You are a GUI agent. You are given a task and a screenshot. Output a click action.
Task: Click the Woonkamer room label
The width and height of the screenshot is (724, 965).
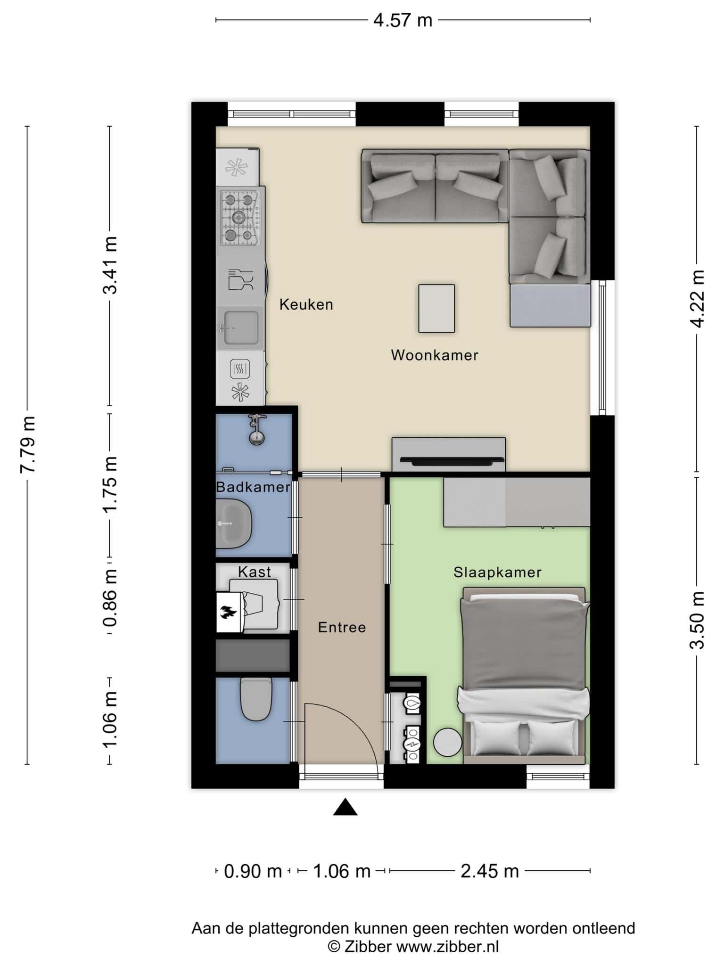(x=435, y=355)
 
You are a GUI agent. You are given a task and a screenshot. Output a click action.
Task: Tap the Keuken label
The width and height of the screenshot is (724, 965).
(x=306, y=304)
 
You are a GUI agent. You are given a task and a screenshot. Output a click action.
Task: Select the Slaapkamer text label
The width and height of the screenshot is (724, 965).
(x=497, y=572)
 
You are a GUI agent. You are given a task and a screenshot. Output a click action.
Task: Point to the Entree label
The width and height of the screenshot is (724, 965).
(x=342, y=627)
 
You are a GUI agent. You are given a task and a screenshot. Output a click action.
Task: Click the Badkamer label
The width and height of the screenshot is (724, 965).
(x=253, y=487)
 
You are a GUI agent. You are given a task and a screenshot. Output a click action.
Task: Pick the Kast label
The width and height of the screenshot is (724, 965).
(x=255, y=572)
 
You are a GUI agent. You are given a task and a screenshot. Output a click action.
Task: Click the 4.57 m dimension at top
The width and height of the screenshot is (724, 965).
(x=403, y=21)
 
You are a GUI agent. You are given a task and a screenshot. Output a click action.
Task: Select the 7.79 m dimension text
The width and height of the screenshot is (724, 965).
(x=28, y=444)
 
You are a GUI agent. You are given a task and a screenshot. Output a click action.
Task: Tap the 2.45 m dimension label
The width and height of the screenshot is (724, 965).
(x=490, y=872)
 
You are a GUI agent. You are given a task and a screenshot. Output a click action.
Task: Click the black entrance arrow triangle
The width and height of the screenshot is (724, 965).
(x=346, y=807)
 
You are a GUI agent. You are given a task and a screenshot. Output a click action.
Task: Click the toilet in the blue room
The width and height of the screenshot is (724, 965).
(x=256, y=699)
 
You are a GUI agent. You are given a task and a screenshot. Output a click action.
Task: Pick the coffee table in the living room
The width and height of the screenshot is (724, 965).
(x=436, y=309)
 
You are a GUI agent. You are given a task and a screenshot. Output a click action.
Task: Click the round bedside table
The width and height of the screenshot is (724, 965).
(x=448, y=743)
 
